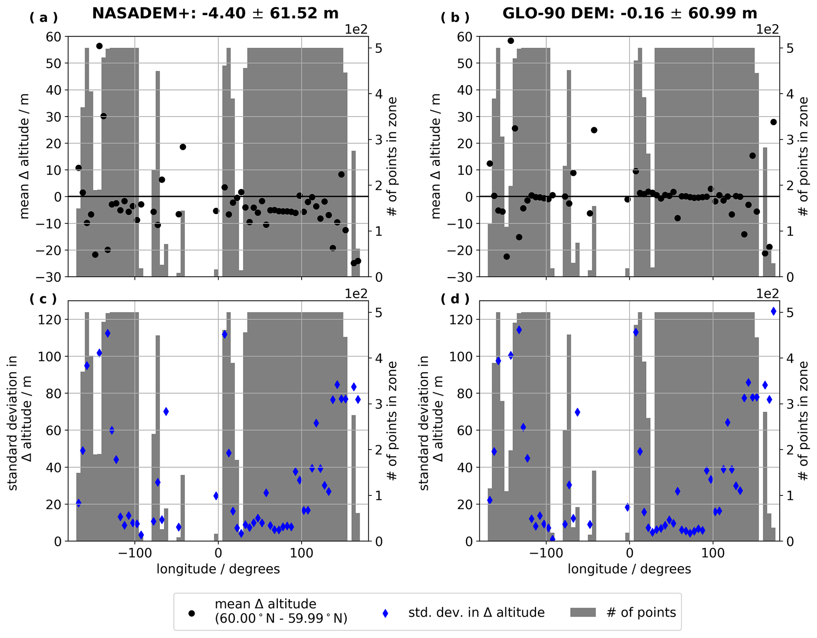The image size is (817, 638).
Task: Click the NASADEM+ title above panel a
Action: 215,13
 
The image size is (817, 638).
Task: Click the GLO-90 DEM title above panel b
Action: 630,13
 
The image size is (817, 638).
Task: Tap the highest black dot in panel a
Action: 99,46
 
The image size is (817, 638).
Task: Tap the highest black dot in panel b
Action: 511,41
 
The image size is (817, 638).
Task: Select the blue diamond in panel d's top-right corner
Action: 774,312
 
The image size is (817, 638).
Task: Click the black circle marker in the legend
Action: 192,613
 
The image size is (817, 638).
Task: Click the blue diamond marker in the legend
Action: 385,613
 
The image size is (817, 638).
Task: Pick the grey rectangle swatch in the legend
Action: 583,613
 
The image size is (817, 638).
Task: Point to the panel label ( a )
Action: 43,18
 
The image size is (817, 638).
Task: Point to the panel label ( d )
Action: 455,299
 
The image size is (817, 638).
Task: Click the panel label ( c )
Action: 43,299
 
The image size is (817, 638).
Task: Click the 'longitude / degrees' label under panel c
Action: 218,569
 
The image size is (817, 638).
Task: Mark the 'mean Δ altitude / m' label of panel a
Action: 25,156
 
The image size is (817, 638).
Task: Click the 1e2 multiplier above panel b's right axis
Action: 768,29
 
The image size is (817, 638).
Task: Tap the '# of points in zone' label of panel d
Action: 804,421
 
